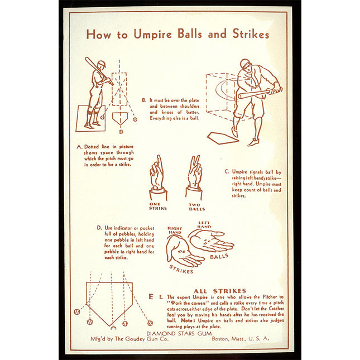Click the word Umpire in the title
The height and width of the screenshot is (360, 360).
[x=153, y=35]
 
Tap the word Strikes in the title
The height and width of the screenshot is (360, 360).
[x=251, y=34]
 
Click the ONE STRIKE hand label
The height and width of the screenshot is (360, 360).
[x=158, y=206]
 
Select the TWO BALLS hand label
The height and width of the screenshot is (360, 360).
[x=197, y=207]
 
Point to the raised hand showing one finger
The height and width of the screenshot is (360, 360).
[x=158, y=177]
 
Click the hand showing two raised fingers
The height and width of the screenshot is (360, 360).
[x=194, y=177]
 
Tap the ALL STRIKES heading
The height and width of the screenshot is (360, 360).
[x=220, y=291]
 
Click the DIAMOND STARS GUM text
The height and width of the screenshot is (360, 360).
[x=179, y=333]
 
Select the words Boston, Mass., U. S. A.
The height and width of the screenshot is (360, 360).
[x=240, y=338]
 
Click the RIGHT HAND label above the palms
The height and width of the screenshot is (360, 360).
[x=175, y=231]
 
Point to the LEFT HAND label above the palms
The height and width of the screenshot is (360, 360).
[x=204, y=224]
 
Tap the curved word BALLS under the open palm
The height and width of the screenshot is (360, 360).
[x=219, y=256]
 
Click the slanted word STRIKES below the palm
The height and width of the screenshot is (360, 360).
[x=181, y=270]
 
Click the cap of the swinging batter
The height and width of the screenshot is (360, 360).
[x=245, y=63]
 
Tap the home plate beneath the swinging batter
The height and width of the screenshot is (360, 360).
[x=223, y=138]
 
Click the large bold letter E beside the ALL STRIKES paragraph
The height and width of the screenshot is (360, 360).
[x=151, y=296]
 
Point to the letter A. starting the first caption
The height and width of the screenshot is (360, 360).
[x=79, y=147]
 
